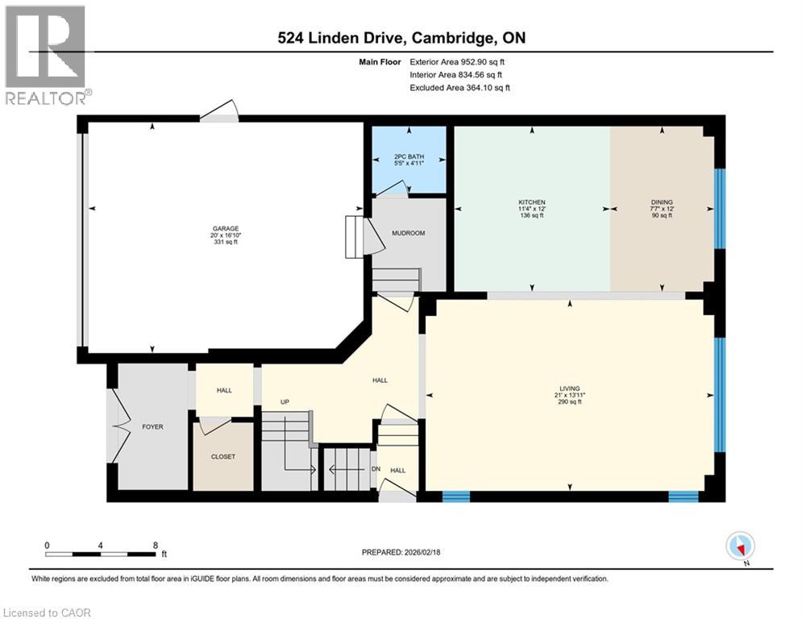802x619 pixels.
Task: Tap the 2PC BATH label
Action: click(409, 156)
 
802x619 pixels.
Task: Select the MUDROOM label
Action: click(408, 233)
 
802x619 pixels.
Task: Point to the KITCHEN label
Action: click(532, 202)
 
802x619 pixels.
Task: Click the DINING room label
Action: click(662, 202)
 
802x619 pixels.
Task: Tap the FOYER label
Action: click(152, 426)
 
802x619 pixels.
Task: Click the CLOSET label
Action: click(223, 456)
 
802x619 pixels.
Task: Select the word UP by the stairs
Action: click(285, 401)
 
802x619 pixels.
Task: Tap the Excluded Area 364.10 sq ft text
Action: click(459, 87)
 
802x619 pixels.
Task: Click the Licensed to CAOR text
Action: click(47, 613)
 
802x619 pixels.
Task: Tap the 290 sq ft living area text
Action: click(569, 401)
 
